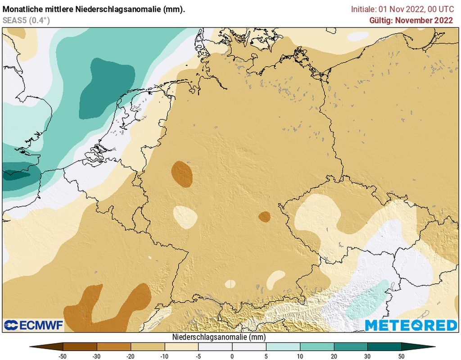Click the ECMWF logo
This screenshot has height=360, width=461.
pos(34,325)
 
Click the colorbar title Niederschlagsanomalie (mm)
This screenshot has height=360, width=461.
pos(219,337)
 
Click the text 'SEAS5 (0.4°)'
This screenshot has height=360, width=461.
pos(26,20)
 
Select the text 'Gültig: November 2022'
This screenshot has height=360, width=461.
pos(411,20)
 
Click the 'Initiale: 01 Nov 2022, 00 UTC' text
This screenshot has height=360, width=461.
pos(402,9)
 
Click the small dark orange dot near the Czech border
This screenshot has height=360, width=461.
pos(264,217)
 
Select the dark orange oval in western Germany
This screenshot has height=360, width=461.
pos(182,174)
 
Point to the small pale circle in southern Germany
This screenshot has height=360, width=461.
pos(230,284)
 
